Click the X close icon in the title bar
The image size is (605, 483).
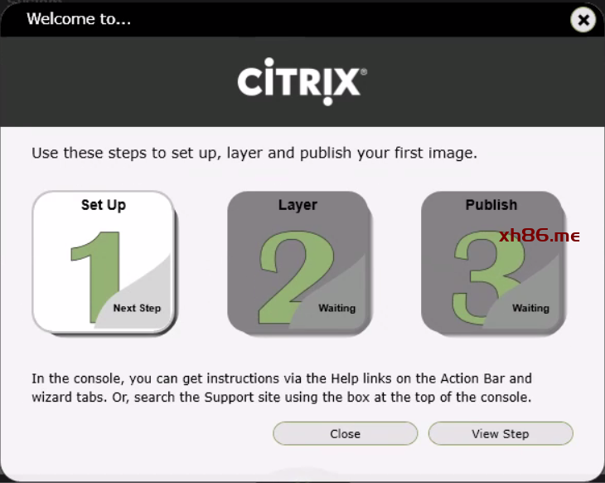tap(583, 20)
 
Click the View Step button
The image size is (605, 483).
tap(501, 433)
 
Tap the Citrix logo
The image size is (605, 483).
tap(302, 81)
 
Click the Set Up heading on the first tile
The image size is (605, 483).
tap(104, 205)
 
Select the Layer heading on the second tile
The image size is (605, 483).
tap(298, 205)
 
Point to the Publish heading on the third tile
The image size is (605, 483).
tap(491, 205)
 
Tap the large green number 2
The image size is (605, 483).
tap(295, 276)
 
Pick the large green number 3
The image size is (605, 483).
tap(487, 277)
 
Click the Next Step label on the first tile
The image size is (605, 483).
tap(137, 308)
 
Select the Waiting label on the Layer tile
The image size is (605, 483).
tap(336, 308)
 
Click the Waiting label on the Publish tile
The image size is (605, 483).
tap(530, 308)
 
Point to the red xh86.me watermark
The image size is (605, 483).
tap(540, 235)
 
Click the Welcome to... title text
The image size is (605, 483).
tap(79, 18)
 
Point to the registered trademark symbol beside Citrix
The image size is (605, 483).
tap(364, 71)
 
